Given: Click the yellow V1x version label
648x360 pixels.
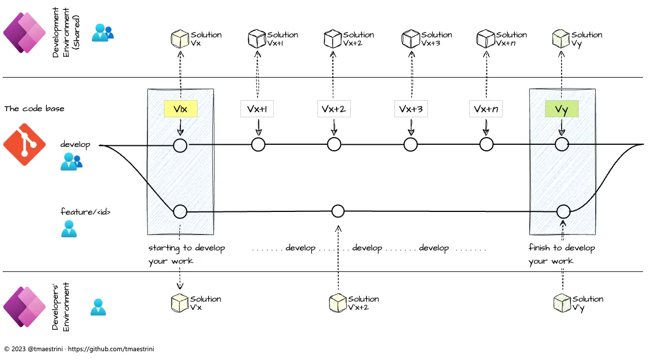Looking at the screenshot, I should pyautogui.click(x=180, y=109).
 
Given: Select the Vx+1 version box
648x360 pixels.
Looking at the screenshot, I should pyautogui.click(x=257, y=109).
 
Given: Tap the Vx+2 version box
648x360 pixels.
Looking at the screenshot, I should pyautogui.click(x=334, y=109).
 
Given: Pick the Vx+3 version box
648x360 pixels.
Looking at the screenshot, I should pyautogui.click(x=411, y=109).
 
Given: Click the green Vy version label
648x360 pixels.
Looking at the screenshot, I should pyautogui.click(x=561, y=109).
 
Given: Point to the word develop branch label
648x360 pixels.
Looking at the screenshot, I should pyautogui.click(x=75, y=145).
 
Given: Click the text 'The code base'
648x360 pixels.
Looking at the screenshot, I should pyautogui.click(x=34, y=108).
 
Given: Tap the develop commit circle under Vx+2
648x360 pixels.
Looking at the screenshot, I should pyautogui.click(x=334, y=145).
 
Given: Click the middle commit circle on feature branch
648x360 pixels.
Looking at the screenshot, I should pyautogui.click(x=338, y=211).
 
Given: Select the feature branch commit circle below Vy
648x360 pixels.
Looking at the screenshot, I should pyautogui.click(x=563, y=211).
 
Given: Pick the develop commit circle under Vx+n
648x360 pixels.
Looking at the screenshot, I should pyautogui.click(x=486, y=145).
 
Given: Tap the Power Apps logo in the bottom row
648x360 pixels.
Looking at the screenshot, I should pyautogui.click(x=25, y=307).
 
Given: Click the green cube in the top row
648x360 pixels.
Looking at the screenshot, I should pyautogui.click(x=561, y=39).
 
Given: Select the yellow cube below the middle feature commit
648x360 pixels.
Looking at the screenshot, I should pyautogui.click(x=337, y=303).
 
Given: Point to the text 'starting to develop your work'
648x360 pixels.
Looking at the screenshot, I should pyautogui.click(x=186, y=254).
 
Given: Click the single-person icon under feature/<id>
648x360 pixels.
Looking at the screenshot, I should pyautogui.click(x=69, y=228).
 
